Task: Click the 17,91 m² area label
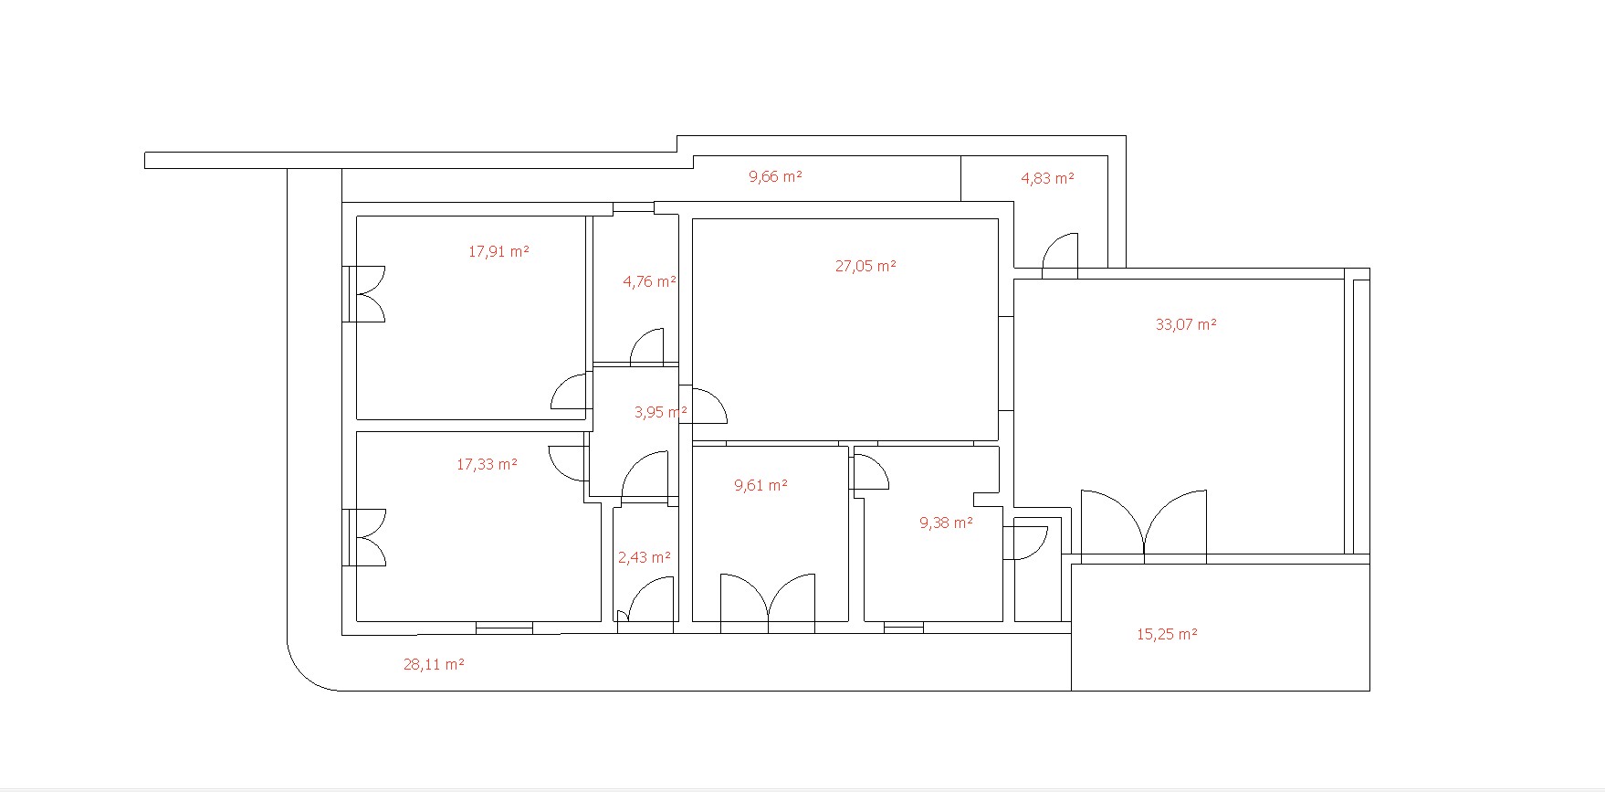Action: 498,251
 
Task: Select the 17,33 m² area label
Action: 487,464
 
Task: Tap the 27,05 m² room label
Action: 865,266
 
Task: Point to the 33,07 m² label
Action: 1186,324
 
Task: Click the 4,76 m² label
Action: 649,281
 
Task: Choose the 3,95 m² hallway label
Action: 661,412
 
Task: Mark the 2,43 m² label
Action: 645,557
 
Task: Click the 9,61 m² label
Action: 761,485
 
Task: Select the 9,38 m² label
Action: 946,523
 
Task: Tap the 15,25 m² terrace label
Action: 1167,634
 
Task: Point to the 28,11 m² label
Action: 434,664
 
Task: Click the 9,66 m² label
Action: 775,176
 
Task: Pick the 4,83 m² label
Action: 1047,178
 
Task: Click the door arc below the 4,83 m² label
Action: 1059,254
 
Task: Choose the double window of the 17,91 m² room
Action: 364,294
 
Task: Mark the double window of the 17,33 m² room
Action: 364,538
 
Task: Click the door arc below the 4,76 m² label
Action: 646,346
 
